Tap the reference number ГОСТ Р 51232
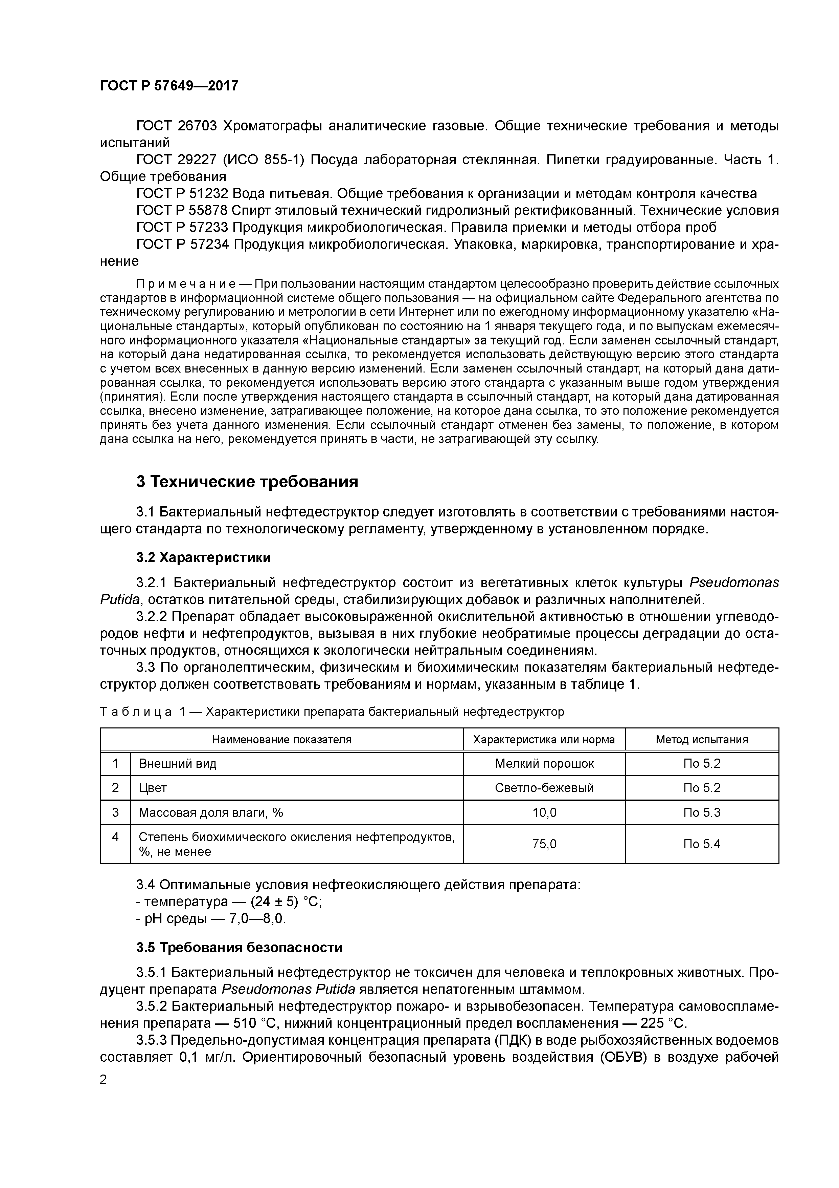click(x=182, y=193)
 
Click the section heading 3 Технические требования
click(x=247, y=482)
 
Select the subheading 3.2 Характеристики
click(x=203, y=558)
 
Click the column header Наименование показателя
click(x=282, y=739)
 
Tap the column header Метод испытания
click(x=702, y=739)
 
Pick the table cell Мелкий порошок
click(x=544, y=763)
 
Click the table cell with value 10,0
click(x=544, y=812)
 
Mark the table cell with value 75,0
click(x=544, y=844)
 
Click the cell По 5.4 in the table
click(x=702, y=844)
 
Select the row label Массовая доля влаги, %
click(x=211, y=812)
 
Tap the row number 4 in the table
click(x=115, y=837)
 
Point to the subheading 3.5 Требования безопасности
click(x=239, y=948)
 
